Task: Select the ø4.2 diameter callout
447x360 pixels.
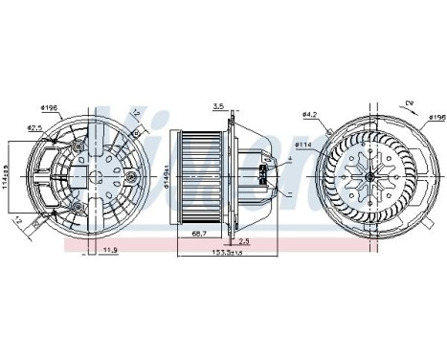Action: click(309, 116)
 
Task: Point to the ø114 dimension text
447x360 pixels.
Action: click(304, 144)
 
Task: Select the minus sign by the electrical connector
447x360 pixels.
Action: click(286, 192)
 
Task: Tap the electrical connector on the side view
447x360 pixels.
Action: click(261, 175)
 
